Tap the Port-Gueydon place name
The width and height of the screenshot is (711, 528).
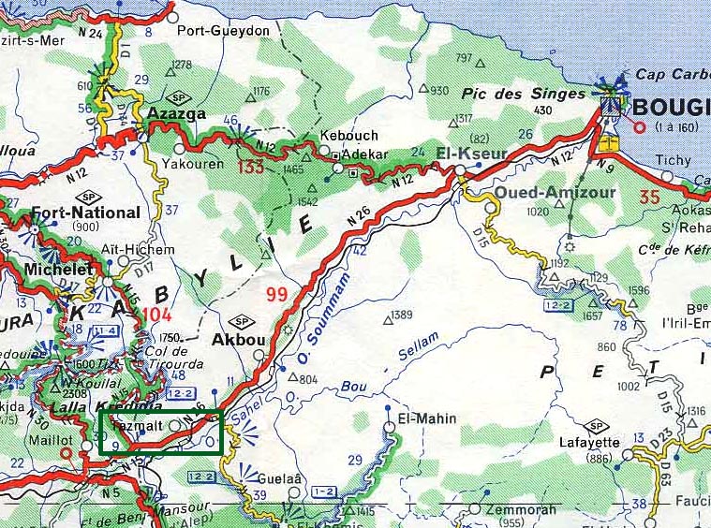[230, 31]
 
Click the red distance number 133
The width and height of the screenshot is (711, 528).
[251, 168]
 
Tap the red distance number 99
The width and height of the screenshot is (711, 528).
[276, 295]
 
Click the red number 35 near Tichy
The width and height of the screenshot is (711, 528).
[649, 197]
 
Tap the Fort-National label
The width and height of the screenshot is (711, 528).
[85, 213]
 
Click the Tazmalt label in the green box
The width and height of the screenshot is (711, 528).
[132, 426]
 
